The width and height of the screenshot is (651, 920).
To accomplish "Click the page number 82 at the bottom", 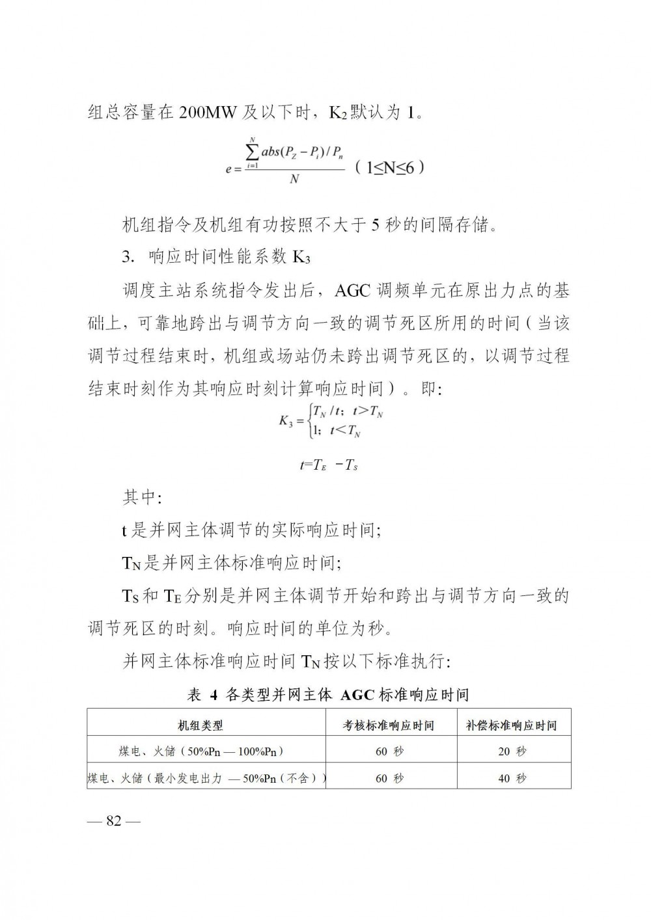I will click(x=114, y=820).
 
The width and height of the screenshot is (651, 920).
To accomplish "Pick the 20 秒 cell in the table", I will click(x=512, y=751).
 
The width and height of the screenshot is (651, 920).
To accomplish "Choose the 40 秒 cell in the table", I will click(x=512, y=778).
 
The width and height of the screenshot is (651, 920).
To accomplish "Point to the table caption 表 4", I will click(x=202, y=695).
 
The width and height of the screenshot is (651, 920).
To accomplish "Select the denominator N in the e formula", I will click(x=294, y=178).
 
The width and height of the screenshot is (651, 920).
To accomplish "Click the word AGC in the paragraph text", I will click(x=352, y=290).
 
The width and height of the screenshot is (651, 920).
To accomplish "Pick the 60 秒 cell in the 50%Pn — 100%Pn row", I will click(x=390, y=751).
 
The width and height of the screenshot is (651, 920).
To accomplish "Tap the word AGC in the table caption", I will click(x=357, y=695).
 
